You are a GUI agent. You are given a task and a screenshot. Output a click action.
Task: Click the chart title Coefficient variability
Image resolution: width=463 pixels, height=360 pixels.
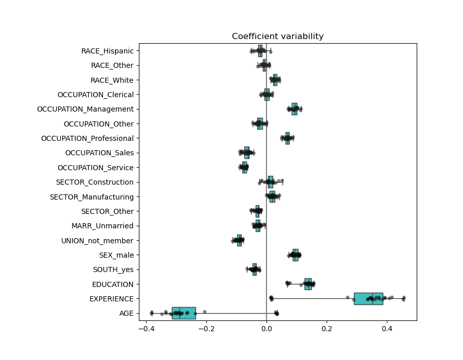(277, 37)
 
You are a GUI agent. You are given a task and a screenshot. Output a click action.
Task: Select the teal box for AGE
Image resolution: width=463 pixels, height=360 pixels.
(184, 313)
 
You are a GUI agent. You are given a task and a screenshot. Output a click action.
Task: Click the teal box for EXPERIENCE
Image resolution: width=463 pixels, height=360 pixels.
(368, 298)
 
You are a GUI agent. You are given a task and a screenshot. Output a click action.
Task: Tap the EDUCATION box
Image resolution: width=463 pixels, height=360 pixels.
(308, 284)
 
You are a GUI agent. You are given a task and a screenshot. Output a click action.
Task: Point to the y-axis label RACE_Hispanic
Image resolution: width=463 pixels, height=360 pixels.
(107, 51)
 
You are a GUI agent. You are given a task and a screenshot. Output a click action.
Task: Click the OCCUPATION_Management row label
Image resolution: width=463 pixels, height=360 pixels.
(85, 109)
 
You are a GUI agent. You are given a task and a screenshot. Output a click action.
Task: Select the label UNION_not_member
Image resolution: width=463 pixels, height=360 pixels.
(97, 241)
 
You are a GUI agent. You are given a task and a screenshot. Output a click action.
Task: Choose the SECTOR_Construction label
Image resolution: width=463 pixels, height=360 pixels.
(95, 182)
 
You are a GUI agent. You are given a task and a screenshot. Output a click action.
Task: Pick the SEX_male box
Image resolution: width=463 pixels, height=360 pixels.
(295, 255)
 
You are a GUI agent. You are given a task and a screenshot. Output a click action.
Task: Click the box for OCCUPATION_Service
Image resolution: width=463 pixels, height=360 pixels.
(244, 167)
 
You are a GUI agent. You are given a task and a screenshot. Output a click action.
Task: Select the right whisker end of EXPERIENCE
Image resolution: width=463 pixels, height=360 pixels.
(404, 298)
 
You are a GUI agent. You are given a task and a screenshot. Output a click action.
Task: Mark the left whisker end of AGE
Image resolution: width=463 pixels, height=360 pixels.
(151, 313)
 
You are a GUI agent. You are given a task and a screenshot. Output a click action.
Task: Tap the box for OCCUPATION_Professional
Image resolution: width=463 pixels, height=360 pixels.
(288, 138)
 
